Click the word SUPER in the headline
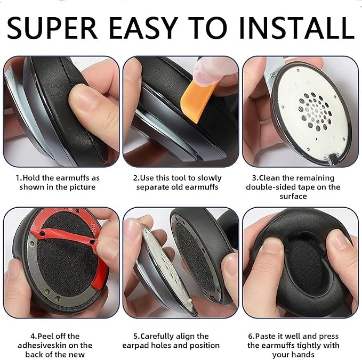(x=52, y=28)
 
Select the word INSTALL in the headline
(x=296, y=28)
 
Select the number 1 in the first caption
(x=18, y=178)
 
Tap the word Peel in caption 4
(x=44, y=336)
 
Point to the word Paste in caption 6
(x=266, y=336)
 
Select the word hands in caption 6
(x=304, y=354)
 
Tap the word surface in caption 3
(x=293, y=197)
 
